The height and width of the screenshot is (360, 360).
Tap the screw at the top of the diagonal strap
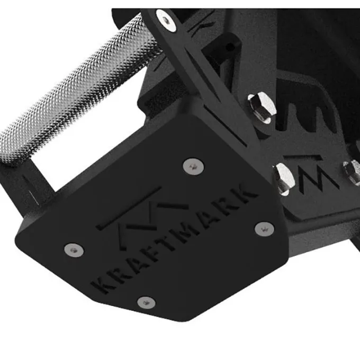[166, 20]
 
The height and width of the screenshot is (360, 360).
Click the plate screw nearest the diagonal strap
[193, 166]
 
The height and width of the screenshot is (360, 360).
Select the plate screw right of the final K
[265, 229]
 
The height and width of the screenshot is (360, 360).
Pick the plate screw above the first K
[74, 250]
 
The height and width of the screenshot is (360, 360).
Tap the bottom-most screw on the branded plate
[146, 303]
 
